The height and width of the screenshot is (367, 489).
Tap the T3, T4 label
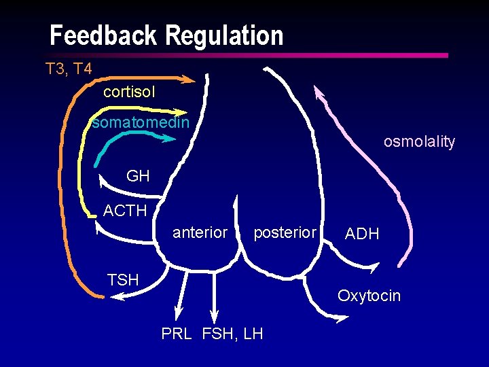(69, 68)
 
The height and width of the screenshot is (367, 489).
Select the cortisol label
(129, 91)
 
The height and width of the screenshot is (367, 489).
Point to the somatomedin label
(141, 123)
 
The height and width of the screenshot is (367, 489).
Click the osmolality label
(419, 141)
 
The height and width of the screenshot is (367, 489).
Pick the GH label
(138, 177)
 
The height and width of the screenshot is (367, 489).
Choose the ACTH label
(125, 211)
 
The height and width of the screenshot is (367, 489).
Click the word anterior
(200, 232)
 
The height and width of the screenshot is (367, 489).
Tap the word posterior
(285, 232)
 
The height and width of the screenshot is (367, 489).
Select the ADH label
(362, 234)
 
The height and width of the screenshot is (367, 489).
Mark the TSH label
(123, 279)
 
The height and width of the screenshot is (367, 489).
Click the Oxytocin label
(369, 296)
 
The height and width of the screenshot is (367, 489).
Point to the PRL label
(177, 334)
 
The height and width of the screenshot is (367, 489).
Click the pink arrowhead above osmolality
(318, 92)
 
